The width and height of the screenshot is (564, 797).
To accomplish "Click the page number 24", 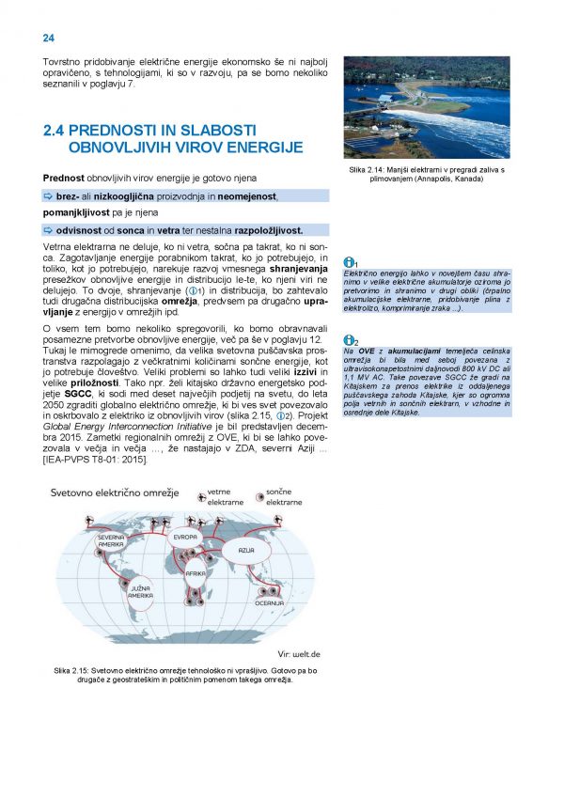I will [x=48, y=38].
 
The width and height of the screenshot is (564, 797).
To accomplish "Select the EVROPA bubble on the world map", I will [x=185, y=537].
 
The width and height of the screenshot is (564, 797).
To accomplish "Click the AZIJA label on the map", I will [x=246, y=550].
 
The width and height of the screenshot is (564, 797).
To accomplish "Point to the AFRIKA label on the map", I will [x=196, y=572].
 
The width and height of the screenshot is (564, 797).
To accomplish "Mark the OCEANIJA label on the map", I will [x=269, y=603].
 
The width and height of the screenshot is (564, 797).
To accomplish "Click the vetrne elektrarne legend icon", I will [x=200, y=498].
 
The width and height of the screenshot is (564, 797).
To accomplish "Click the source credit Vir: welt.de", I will [x=300, y=653].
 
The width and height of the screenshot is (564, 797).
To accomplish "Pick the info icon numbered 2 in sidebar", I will [x=349, y=340].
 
